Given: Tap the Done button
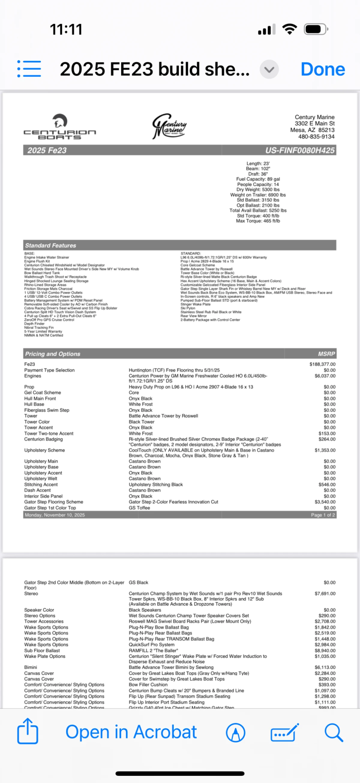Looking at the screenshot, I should pyautogui.click(x=322, y=69).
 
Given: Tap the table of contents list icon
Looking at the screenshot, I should pyautogui.click(x=29, y=69).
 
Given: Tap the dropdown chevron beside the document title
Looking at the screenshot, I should pyautogui.click(x=269, y=70).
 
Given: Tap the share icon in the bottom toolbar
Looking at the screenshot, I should pyautogui.click(x=28, y=731).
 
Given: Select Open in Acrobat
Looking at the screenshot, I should pyautogui.click(x=131, y=732).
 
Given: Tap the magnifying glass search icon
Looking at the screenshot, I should pyautogui.click(x=333, y=732).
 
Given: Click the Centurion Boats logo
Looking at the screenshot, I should pyautogui.click(x=60, y=127).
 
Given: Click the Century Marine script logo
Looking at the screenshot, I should pyautogui.click(x=169, y=126).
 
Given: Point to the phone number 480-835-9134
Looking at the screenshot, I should pyautogui.click(x=316, y=137).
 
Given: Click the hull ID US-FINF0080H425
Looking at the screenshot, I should pyautogui.click(x=300, y=150).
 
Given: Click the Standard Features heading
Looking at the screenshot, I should pyautogui.click(x=50, y=245).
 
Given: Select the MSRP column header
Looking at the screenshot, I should pyautogui.click(x=326, y=354).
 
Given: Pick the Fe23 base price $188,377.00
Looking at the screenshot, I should pyautogui.click(x=322, y=364).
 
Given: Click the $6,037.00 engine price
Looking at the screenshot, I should pyautogui.click(x=325, y=376).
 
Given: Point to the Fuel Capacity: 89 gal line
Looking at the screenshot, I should pyautogui.click(x=258, y=179).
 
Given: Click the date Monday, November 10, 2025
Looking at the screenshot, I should pyautogui.click(x=55, y=515).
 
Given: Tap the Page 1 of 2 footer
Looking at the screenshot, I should pyautogui.click(x=323, y=515).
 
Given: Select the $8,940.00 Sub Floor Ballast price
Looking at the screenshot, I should pyautogui.click(x=325, y=651).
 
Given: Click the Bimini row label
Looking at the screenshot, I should pyautogui.click(x=30, y=667).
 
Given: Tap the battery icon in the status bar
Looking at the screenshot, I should pyautogui.click(x=316, y=29).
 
